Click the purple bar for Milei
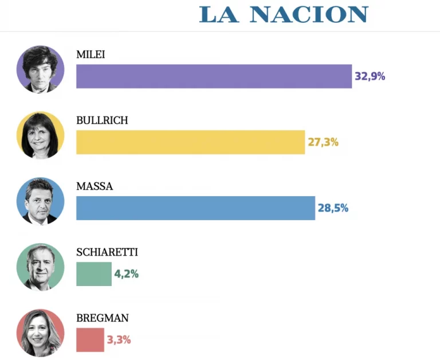click(214, 76)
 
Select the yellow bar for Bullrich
click(190, 142)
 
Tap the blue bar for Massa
click(195, 208)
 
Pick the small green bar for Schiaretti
click(93, 274)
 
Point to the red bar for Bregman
click(90, 340)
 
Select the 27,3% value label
click(323, 142)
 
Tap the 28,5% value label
click(333, 208)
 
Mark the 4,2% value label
click(126, 274)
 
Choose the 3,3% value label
click(119, 340)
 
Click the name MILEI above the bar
click(91, 54)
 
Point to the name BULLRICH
click(102, 120)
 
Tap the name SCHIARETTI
click(107, 252)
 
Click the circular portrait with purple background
click(40, 69)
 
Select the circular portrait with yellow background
click(40, 135)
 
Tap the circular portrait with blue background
click(40, 201)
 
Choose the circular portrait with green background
click(40, 267)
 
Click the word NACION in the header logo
click(308, 14)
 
